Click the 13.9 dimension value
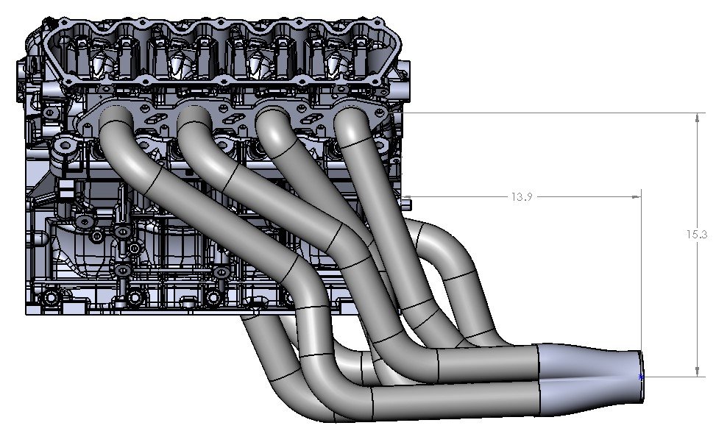pyautogui.click(x=520, y=197)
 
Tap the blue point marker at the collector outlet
pyautogui.click(x=641, y=377)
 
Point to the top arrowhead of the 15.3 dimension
pyautogui.click(x=697, y=117)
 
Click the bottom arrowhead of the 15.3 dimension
pyautogui.click(x=697, y=372)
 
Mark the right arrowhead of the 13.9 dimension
pyautogui.click(x=636, y=197)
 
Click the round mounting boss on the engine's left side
pyautogui.click(x=67, y=148)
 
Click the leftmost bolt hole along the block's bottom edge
pyautogui.click(x=50, y=299)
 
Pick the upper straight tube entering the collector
pyautogui.click(x=489, y=363)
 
